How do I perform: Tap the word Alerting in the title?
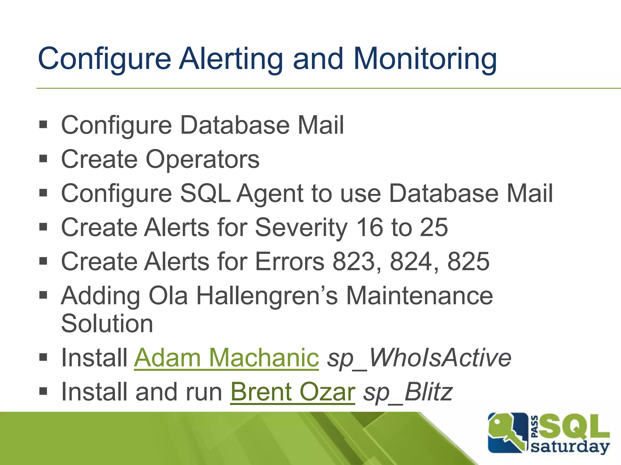coord(230,59)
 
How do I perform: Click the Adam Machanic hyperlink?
coord(226,358)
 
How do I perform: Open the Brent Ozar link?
coord(292,392)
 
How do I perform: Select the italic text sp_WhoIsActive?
coord(419,358)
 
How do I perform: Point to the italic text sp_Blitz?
coord(408,392)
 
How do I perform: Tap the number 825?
coord(468,262)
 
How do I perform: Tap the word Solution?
coord(107,323)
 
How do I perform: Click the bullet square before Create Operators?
coord(43,158)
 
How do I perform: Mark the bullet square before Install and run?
coord(43,391)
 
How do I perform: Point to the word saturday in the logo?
coord(570,447)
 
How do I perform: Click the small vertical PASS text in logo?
coord(535,427)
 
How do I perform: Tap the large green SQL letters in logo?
coord(575,427)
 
